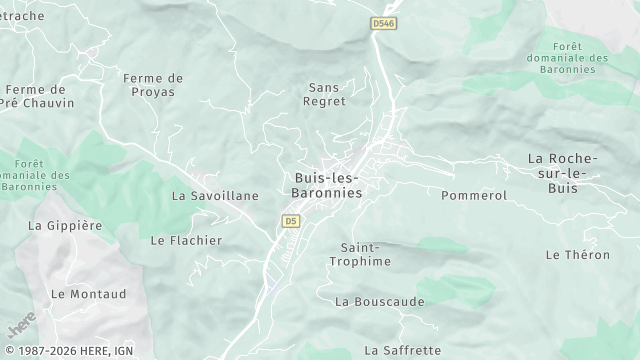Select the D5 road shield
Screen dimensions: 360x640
coord(291,220)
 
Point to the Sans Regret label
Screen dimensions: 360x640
coord(327,94)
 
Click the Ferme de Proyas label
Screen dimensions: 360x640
coord(153,85)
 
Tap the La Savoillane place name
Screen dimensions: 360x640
coord(215,196)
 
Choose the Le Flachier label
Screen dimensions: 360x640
coord(186,240)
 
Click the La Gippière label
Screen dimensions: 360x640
coord(65,226)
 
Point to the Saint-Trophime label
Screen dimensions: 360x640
coord(360,254)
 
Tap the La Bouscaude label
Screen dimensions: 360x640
coord(380,301)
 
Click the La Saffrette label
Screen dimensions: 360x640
coord(403,350)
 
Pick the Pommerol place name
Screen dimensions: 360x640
coord(474,195)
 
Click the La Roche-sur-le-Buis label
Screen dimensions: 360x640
coord(562,173)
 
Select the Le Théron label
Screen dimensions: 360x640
coord(577,255)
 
